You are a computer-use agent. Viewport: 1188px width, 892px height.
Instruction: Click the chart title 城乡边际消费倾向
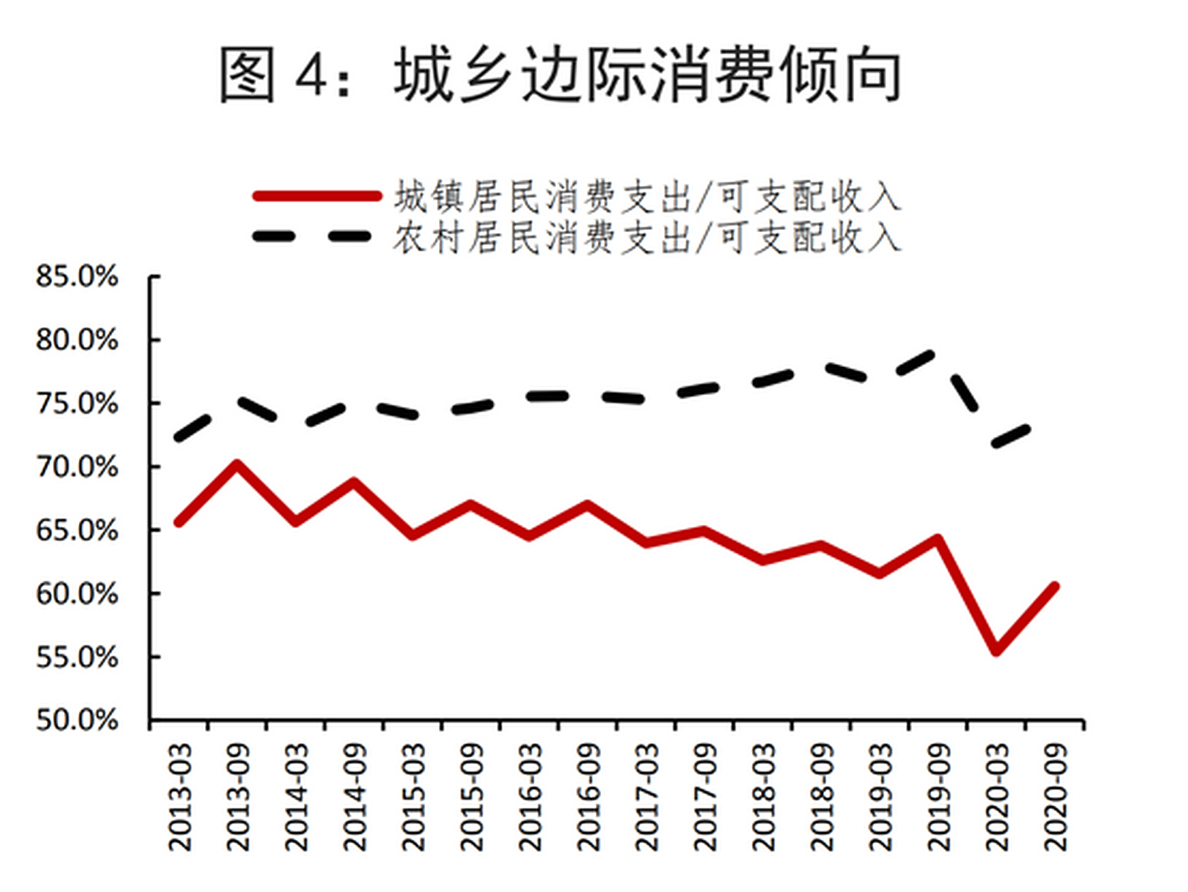coord(561,75)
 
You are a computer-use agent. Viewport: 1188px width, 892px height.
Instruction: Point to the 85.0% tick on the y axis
coord(77,277)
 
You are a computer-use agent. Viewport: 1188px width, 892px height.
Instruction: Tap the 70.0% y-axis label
coord(77,467)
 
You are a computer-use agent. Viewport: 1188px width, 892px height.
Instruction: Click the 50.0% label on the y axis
coord(77,720)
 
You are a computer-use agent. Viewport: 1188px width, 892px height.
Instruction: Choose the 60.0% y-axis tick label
coord(77,594)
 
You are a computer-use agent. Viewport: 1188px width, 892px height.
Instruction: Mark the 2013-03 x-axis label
coord(180,796)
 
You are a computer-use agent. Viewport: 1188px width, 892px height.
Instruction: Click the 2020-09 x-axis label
coord(1056,796)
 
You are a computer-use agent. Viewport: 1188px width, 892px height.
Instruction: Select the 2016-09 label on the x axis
coord(589,796)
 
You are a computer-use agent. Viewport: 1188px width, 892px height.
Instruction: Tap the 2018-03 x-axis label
coord(764,796)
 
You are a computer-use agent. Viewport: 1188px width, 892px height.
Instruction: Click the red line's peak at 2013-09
coord(238,464)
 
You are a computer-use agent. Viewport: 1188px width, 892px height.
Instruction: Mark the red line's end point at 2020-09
coord(1055,587)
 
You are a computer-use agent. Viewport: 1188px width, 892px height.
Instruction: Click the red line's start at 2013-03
coord(179,522)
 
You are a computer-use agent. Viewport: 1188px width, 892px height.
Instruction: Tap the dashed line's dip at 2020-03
coord(996,443)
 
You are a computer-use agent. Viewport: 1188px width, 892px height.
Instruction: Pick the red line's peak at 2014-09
coord(354,482)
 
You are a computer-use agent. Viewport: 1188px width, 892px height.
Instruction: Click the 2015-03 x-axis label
coord(414,796)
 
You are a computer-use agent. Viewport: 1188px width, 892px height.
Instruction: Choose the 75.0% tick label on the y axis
coord(77,403)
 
